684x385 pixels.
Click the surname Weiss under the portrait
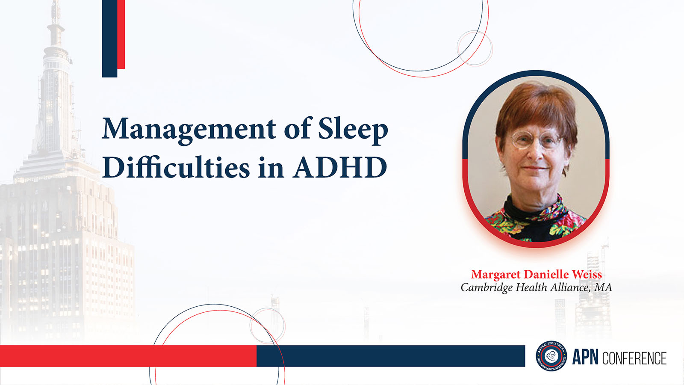[x=587, y=274]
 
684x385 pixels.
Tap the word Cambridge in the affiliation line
[x=487, y=288]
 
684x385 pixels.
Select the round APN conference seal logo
[x=551, y=356]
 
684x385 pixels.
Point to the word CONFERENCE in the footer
[x=634, y=358]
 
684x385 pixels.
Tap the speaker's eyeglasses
[x=536, y=139]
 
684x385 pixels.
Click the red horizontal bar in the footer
[x=128, y=356]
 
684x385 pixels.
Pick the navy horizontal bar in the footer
[x=391, y=356]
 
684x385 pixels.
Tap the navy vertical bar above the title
[x=109, y=38]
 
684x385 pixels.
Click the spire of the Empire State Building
[x=56, y=18]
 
